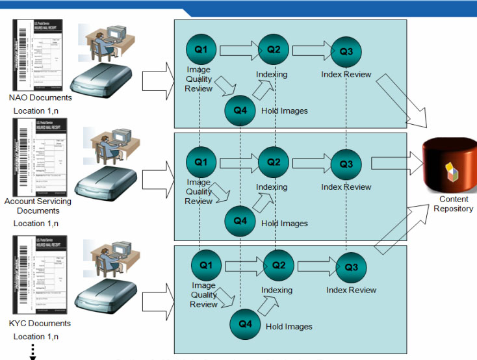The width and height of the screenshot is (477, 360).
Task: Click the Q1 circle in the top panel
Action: point(201,49)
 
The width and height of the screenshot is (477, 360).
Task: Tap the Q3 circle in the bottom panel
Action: point(351,266)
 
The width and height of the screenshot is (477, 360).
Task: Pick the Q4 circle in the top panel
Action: point(240,109)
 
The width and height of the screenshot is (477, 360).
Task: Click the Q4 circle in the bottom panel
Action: point(246,323)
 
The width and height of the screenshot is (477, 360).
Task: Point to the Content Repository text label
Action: point(453,204)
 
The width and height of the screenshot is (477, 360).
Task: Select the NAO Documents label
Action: point(40,98)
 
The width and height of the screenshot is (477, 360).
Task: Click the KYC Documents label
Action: point(40,323)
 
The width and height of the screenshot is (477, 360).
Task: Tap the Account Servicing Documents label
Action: point(38,206)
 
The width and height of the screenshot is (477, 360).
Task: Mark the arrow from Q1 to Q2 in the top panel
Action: point(238,49)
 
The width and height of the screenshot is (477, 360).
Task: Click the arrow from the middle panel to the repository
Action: point(396,164)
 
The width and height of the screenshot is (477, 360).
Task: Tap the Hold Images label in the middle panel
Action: point(284,223)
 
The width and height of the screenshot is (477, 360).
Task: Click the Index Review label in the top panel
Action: point(346,74)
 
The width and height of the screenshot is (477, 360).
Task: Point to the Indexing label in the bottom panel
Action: point(277,290)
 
